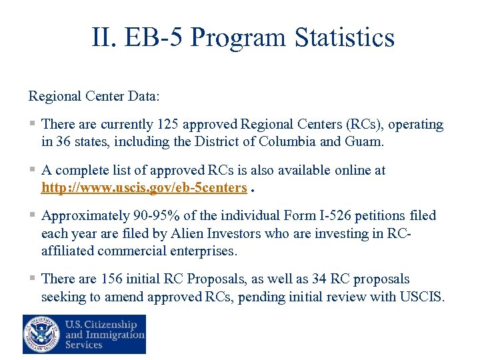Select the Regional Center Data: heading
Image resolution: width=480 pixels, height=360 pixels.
(94, 96)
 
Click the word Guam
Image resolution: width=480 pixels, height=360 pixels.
(364, 141)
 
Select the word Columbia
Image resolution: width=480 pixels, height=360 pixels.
(289, 141)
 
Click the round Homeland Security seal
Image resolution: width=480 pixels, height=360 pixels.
(41, 334)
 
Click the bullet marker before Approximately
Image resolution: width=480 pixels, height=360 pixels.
(33, 216)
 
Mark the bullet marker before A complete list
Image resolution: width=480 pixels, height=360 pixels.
(33, 171)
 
